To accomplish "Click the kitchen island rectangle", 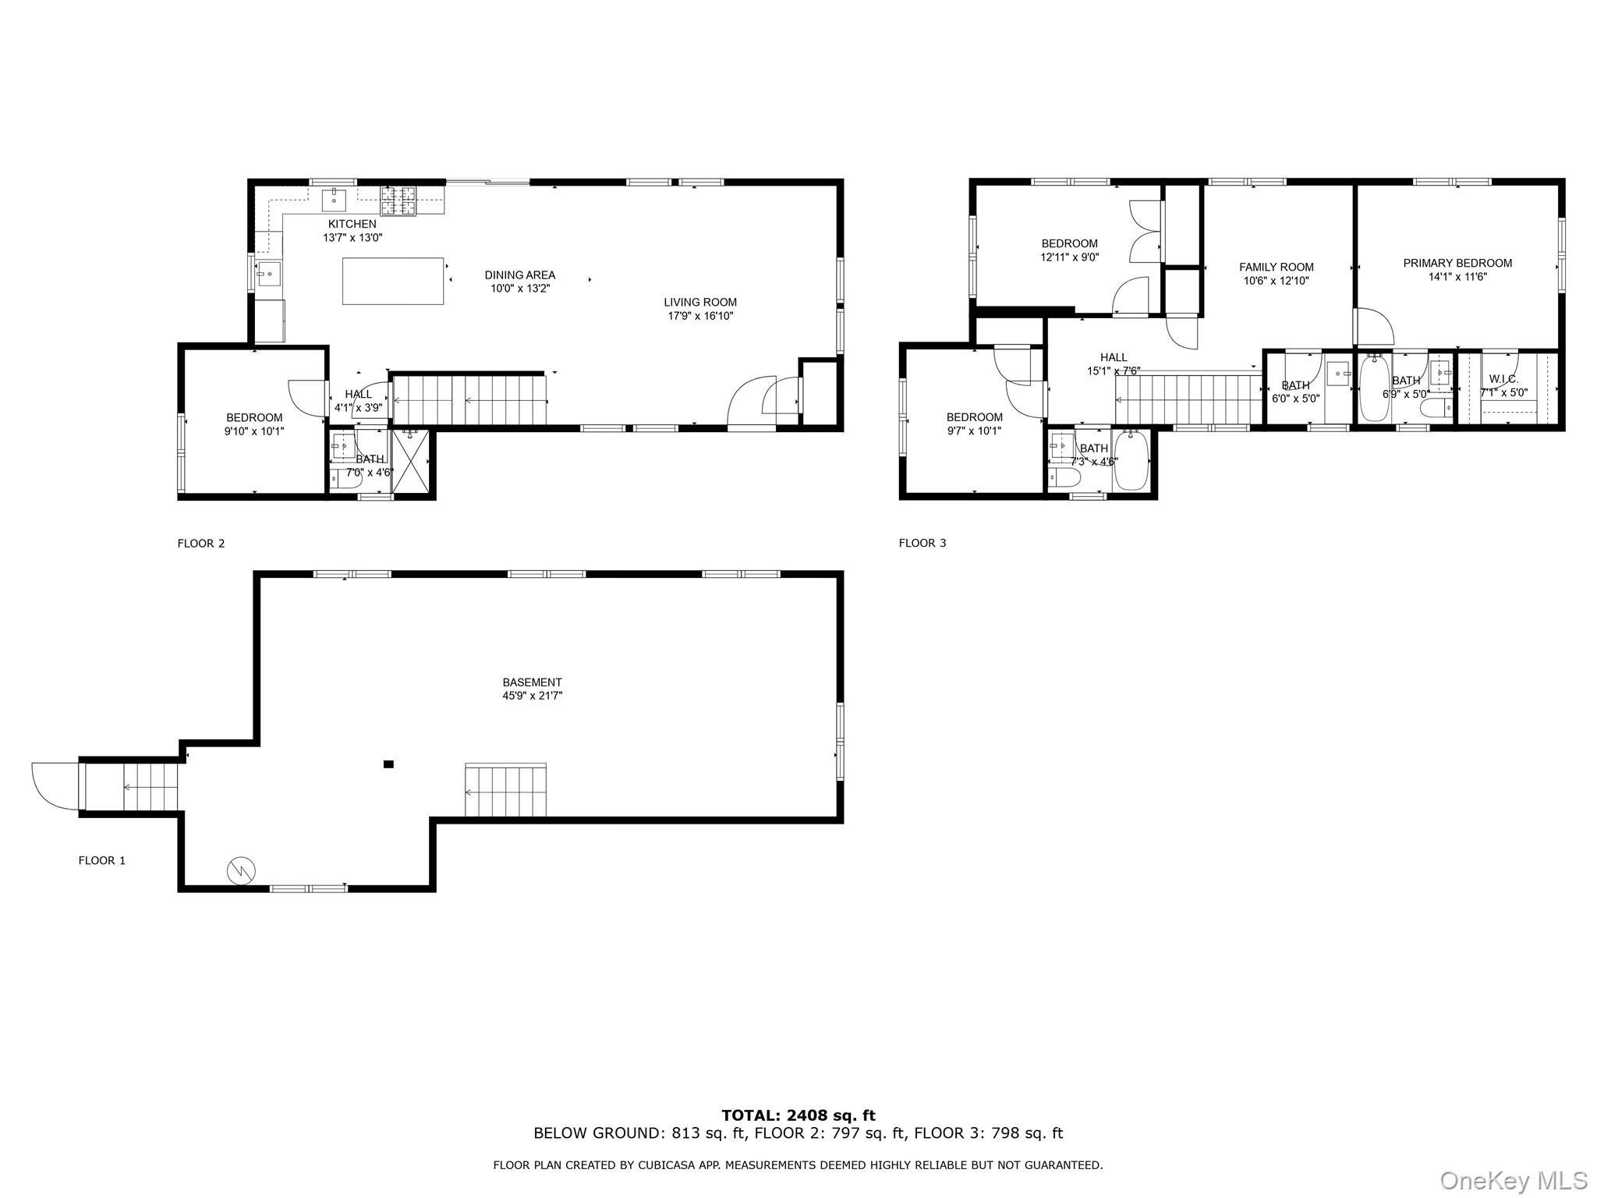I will (x=393, y=281).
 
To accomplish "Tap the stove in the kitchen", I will (x=398, y=200).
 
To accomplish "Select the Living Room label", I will (x=699, y=303).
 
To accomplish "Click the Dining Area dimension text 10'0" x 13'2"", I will (x=519, y=289).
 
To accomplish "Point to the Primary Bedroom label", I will (x=1457, y=264).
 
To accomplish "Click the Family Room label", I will (x=1276, y=268).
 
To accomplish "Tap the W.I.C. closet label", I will (x=1503, y=379).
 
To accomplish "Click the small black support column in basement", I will (x=388, y=764).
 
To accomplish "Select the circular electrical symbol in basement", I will (x=242, y=870).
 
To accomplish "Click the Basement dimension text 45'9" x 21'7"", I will (x=532, y=696).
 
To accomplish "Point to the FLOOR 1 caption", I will (x=101, y=860).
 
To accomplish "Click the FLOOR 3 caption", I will (x=922, y=543).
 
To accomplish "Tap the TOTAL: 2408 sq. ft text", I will (x=798, y=1115).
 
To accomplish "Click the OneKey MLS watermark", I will (x=1513, y=1180).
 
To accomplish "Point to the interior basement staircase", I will (x=505, y=791).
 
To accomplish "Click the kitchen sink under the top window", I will (x=334, y=200).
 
